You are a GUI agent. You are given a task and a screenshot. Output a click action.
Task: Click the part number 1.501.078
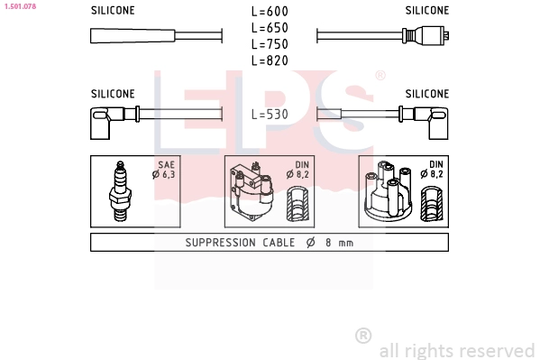[x=20, y=6]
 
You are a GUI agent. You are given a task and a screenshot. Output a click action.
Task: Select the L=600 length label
[x=270, y=12]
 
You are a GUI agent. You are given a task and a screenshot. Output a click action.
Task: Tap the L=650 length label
[x=270, y=28]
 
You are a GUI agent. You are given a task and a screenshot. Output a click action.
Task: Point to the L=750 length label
[x=270, y=44]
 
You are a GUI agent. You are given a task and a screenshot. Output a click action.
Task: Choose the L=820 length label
[x=270, y=60]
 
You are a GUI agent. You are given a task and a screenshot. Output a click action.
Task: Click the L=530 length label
[x=270, y=115]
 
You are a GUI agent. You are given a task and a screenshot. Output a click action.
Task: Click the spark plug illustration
[x=120, y=191]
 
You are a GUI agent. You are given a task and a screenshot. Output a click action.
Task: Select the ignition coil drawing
[x=252, y=191]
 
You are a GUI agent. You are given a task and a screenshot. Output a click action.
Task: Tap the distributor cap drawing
[x=389, y=190]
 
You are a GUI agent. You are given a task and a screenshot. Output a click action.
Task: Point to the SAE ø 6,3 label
[x=164, y=170]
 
